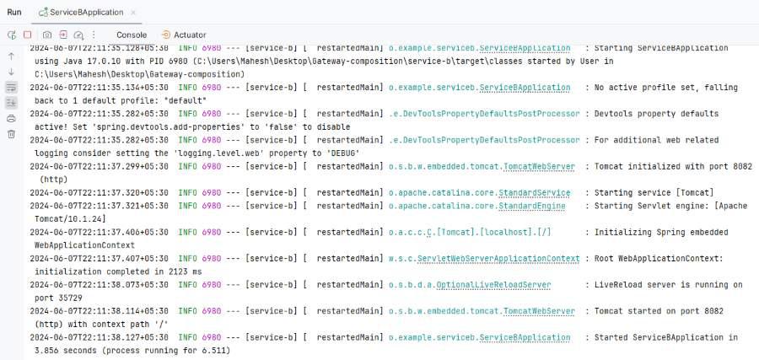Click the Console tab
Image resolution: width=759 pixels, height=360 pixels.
point(132,35)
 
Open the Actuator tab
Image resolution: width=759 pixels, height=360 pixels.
point(185,35)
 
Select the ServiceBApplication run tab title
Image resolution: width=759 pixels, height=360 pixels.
point(87,12)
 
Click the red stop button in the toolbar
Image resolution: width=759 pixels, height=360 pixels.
point(28,35)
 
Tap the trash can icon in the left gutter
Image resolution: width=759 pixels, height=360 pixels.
point(11,134)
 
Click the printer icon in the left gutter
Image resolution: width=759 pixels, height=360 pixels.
point(11,119)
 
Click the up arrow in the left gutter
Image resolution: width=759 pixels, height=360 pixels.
point(11,56)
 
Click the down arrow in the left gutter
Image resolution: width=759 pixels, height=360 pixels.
point(11,73)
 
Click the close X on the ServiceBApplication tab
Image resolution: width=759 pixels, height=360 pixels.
point(133,13)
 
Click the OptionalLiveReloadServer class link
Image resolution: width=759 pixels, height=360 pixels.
point(493,285)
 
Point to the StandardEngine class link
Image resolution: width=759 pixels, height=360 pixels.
point(531,206)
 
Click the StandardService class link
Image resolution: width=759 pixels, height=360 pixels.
point(534,193)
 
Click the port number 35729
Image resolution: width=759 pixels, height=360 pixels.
point(58,298)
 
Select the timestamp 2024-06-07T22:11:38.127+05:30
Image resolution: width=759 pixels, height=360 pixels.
point(100,337)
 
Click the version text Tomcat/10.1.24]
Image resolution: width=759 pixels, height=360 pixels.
point(70,219)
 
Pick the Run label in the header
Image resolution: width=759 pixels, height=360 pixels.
point(14,12)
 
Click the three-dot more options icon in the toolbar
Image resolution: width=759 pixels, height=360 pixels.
point(94,35)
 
